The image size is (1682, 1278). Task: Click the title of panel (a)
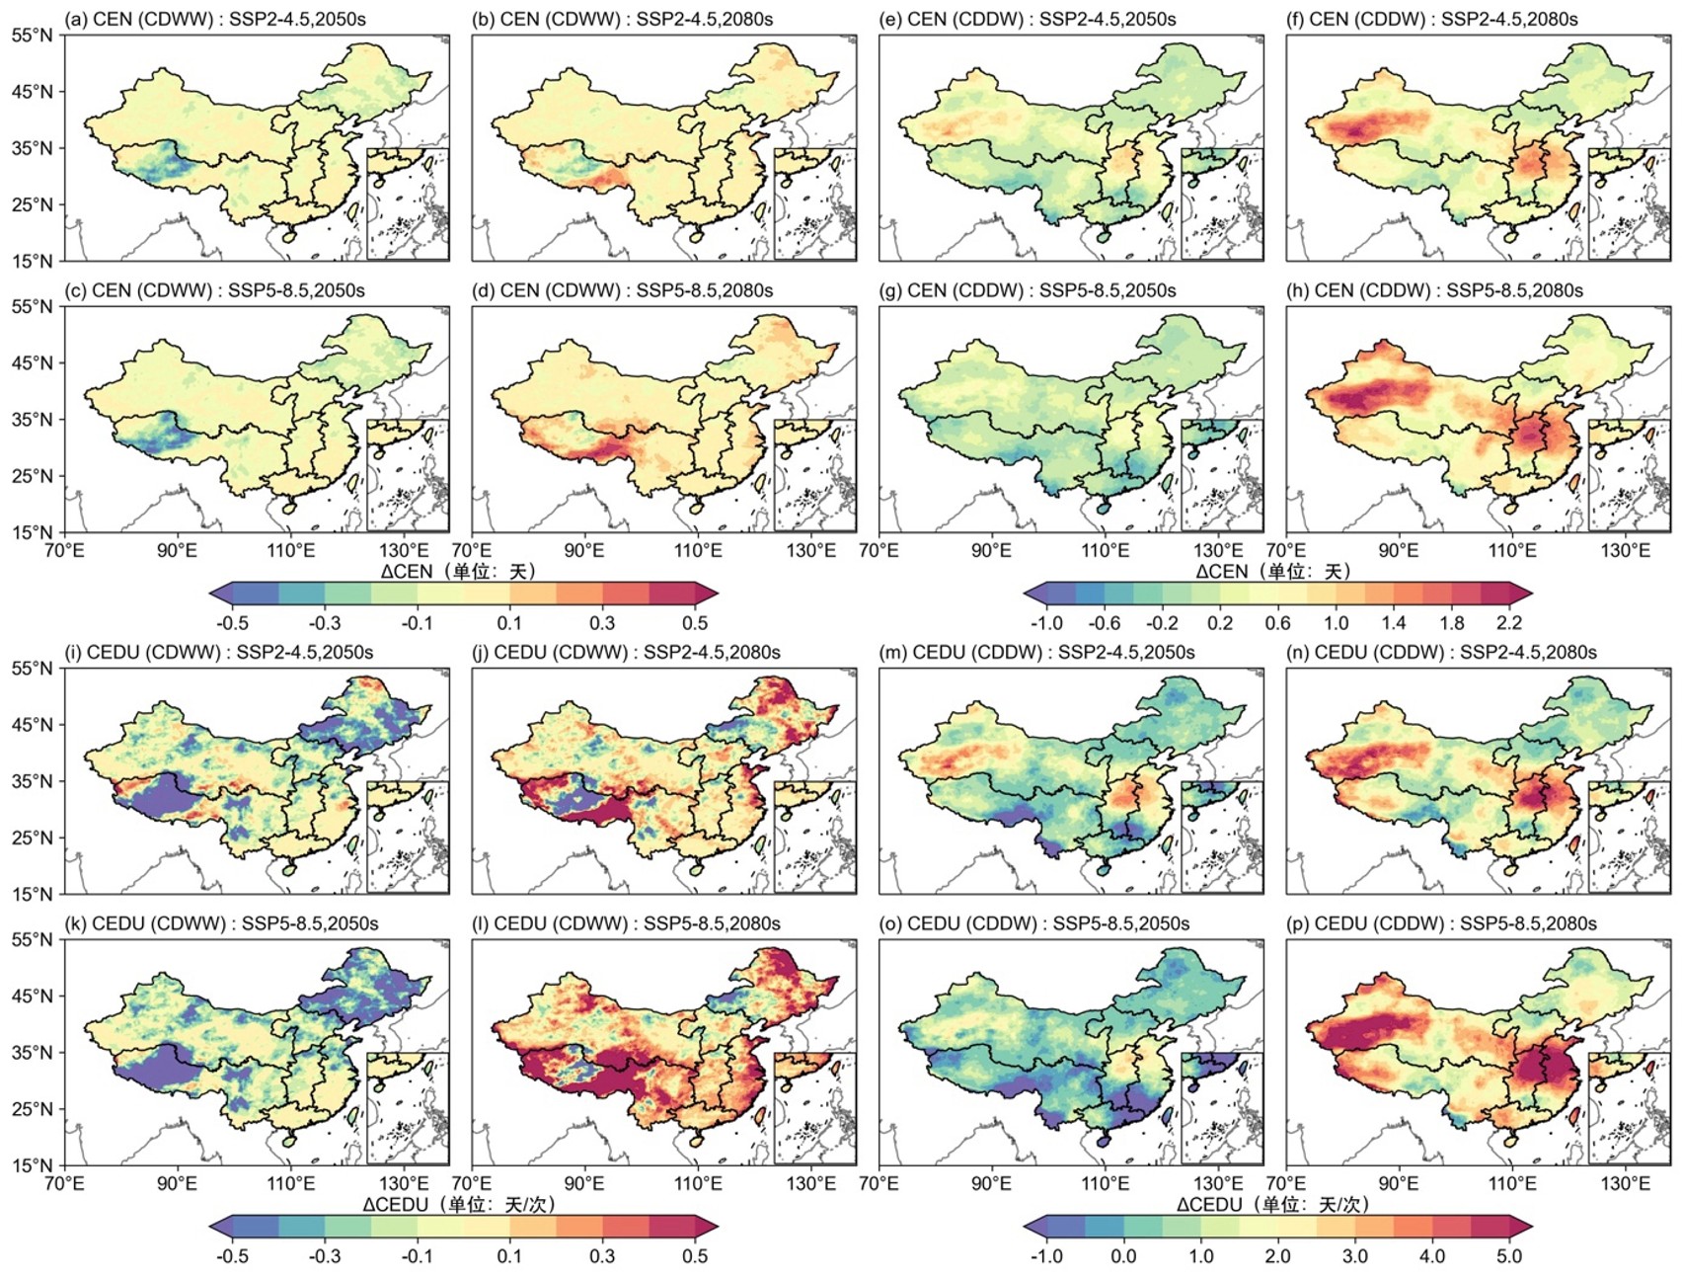tap(214, 19)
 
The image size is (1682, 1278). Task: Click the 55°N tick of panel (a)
tap(32, 36)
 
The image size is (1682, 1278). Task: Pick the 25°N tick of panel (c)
tap(32, 476)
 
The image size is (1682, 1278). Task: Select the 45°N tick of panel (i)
tap(32, 725)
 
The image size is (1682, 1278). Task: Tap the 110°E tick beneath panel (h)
tap(1512, 550)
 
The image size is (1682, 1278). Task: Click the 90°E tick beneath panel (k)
tap(177, 1183)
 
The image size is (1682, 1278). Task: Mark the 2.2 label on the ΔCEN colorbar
tap(1508, 623)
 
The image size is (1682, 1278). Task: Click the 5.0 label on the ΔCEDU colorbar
tap(1508, 1256)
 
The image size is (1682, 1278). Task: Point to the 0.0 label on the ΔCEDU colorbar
tap(1123, 1256)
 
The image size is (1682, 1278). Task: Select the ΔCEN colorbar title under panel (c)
tap(459, 571)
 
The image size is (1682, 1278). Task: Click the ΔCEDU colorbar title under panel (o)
tap(1273, 1204)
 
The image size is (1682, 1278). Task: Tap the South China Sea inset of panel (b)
tap(814, 203)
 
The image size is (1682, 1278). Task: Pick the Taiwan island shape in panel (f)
tap(1573, 211)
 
